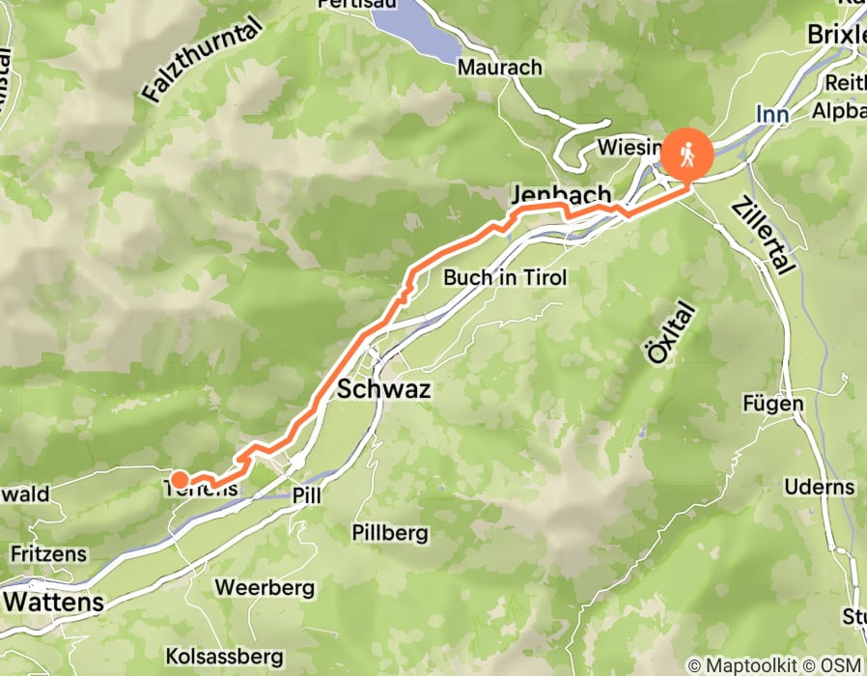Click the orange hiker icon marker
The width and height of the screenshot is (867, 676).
pos(686,153)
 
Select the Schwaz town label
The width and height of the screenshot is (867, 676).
pos(384,389)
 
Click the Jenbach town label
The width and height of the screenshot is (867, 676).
pos(562,195)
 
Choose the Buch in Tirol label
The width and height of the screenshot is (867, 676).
pos(505,278)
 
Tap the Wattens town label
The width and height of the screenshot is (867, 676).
pos(53,601)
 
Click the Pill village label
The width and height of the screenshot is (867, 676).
pos(305,494)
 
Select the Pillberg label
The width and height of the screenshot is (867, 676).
pos(390,533)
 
